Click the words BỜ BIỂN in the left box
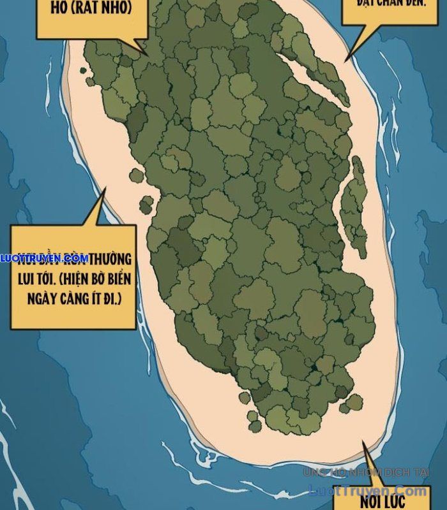click(x=107, y=279)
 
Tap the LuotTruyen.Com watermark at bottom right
click(x=367, y=490)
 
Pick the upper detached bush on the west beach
click(x=137, y=176)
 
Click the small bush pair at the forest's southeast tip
click(x=352, y=403)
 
